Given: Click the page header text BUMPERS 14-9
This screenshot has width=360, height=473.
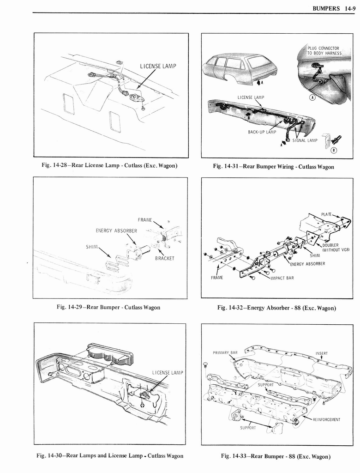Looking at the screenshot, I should point(332,8).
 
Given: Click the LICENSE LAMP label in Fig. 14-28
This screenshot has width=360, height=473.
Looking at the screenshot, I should point(158,67).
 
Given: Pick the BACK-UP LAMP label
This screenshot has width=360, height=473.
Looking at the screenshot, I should point(262,132).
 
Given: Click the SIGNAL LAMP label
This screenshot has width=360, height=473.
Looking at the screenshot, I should point(304,140).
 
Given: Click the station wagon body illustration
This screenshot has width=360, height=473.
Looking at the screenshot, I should point(240,68).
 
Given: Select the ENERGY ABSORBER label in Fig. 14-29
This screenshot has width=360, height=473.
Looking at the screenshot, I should point(116,231).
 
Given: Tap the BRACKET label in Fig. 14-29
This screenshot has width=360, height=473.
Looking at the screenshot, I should point(165,258).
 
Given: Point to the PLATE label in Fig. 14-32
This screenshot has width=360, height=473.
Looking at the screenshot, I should point(328,214).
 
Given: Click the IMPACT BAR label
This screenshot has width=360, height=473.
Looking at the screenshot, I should point(282,278).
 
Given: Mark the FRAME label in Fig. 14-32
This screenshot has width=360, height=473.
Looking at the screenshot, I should point(217,278).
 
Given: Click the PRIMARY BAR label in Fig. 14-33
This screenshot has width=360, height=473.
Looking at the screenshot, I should point(225,352).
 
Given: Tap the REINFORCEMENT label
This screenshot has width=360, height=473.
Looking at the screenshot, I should point(326,419).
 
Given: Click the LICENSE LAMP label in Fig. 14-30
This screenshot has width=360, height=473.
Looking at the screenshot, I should point(168,373).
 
